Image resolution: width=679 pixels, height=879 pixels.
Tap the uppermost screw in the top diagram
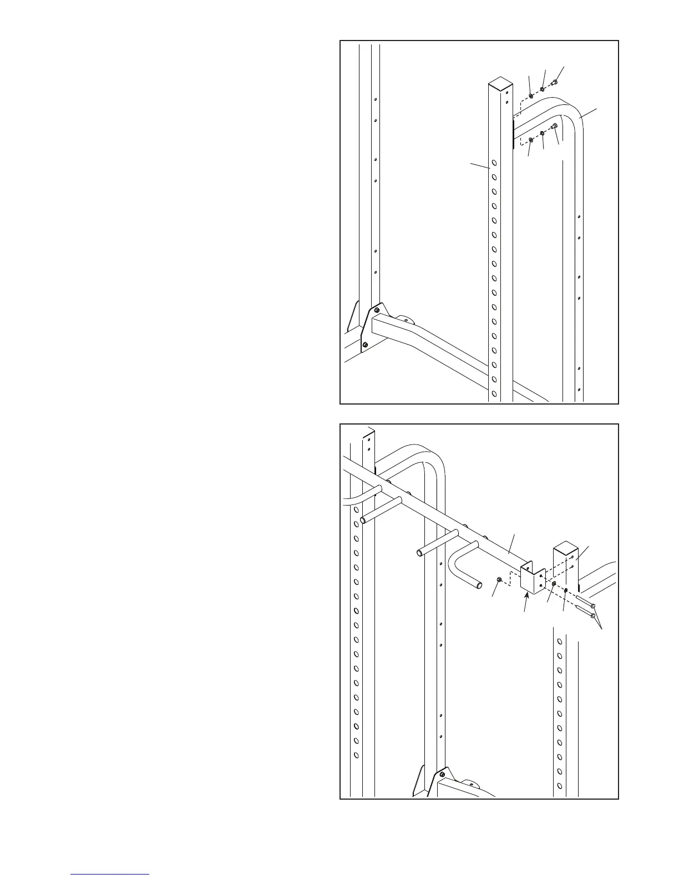[555, 84]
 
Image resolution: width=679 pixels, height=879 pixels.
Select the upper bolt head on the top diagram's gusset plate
[377, 309]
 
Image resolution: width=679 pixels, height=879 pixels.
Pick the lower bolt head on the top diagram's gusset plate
[364, 345]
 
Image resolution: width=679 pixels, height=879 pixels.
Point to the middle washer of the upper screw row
[543, 89]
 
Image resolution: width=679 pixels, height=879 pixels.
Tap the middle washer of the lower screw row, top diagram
[542, 134]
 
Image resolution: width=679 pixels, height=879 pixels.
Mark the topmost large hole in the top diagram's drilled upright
[494, 164]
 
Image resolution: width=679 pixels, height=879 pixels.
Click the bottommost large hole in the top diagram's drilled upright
[494, 395]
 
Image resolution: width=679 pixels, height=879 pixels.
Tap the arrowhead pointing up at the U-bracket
[526, 595]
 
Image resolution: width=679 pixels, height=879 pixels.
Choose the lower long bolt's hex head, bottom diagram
[594, 615]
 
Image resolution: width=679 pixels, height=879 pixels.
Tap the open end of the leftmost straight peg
[364, 521]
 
